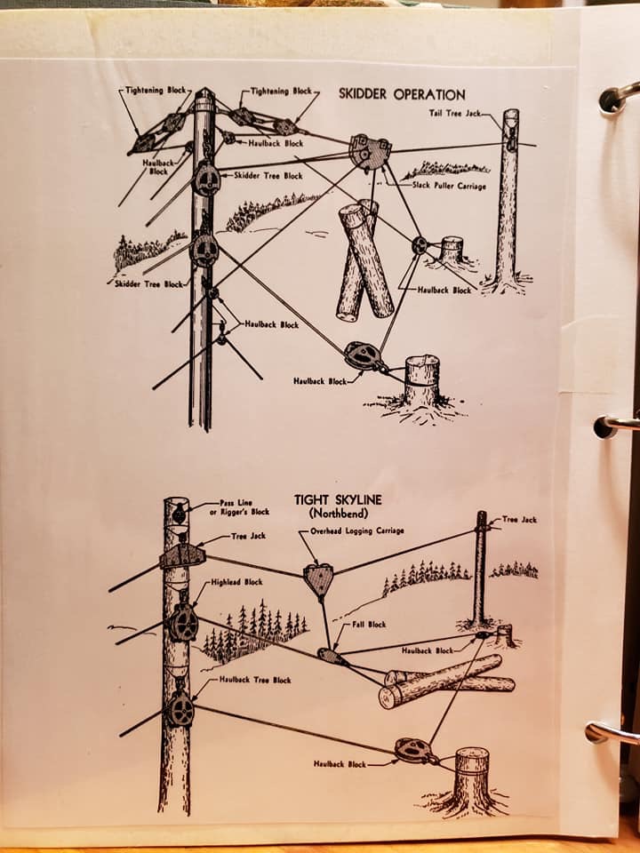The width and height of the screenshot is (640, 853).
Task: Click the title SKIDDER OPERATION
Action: (402, 94)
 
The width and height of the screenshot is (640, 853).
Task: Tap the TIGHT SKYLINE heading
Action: (338, 499)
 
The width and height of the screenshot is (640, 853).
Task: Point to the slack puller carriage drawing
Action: (370, 152)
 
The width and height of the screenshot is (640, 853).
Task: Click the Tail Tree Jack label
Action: (455, 113)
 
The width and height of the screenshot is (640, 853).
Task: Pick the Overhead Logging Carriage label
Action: (357, 531)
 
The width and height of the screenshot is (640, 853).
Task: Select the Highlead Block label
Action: (236, 582)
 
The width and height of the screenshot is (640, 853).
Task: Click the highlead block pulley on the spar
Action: (182, 623)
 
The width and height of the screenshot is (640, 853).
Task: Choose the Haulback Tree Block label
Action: (255, 680)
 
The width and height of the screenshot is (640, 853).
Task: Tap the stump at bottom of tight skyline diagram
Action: (471, 779)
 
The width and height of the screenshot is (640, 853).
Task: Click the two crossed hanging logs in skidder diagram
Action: (364, 260)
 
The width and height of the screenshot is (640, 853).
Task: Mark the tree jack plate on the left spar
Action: (182, 556)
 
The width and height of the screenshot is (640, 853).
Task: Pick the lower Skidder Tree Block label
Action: (148, 284)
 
